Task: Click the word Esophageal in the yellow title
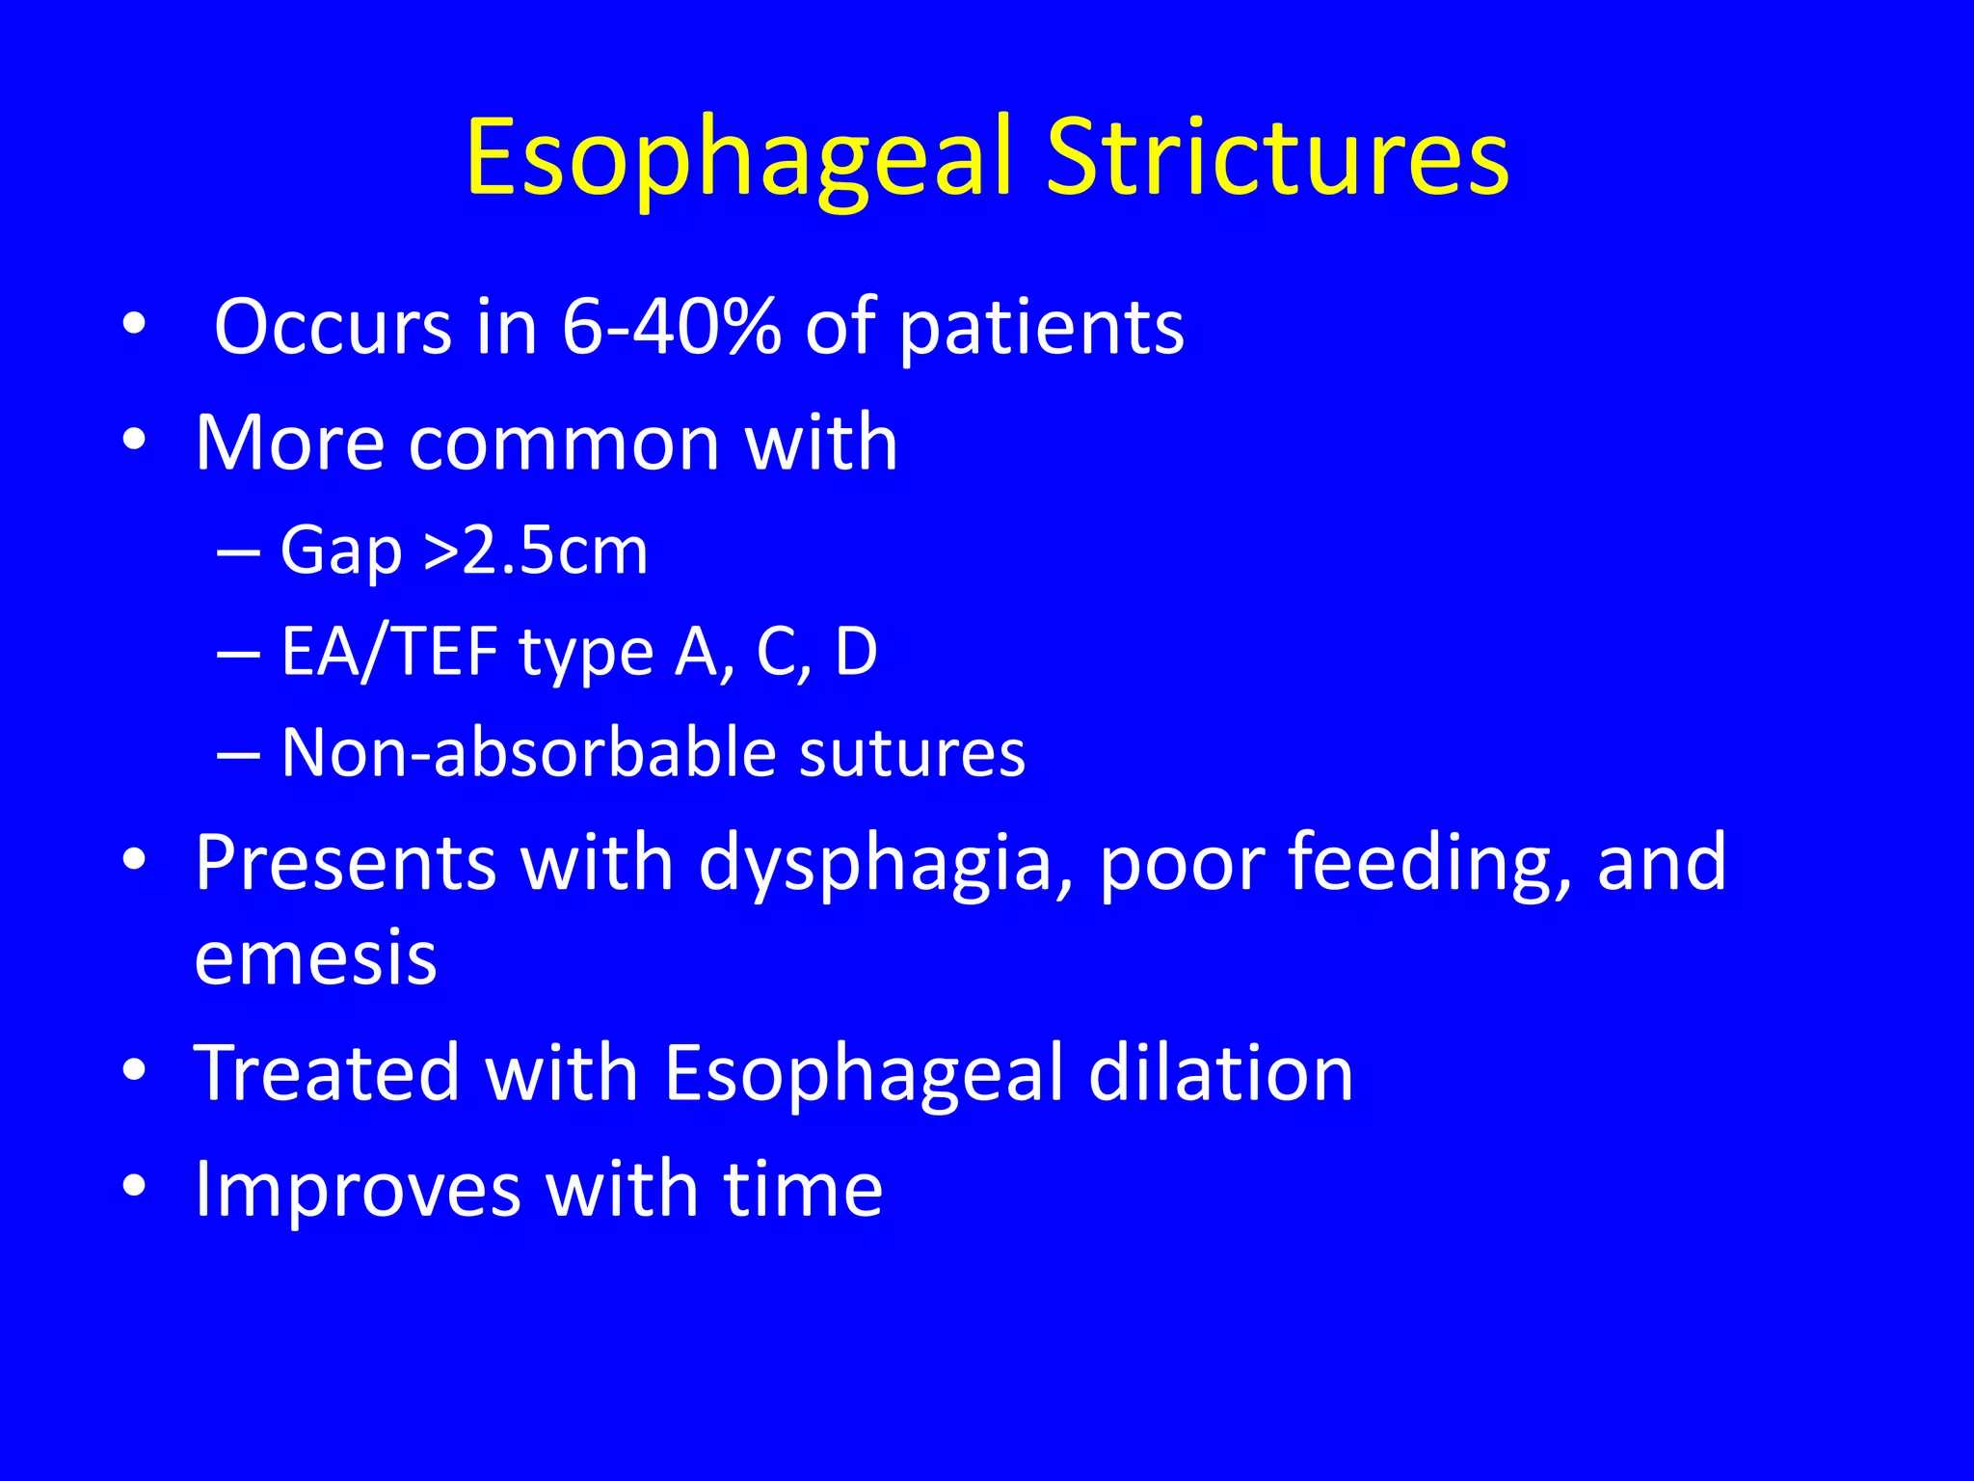click(x=740, y=157)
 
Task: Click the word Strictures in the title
click(x=1277, y=157)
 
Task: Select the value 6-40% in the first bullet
click(x=671, y=327)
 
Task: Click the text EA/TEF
click(x=388, y=652)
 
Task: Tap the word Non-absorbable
click(x=528, y=752)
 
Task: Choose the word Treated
click(x=327, y=1073)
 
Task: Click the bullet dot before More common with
click(x=134, y=441)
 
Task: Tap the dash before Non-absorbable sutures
click(x=238, y=754)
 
